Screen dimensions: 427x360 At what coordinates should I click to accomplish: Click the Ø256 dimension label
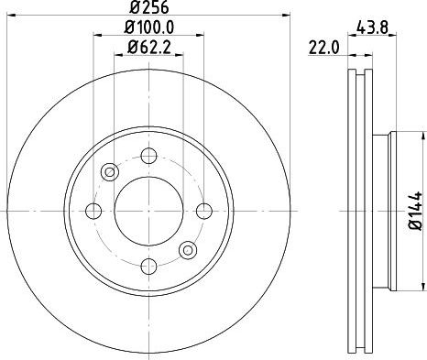(148, 7)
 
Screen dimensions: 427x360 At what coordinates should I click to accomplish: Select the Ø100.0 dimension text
(149, 27)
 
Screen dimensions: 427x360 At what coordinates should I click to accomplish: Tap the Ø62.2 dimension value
(148, 48)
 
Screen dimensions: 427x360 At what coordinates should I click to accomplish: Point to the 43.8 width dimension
(372, 27)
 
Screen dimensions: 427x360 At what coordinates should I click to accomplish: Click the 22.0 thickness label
(323, 48)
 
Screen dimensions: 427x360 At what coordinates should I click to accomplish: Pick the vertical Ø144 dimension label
(415, 211)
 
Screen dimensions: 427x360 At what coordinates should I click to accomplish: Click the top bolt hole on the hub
(148, 156)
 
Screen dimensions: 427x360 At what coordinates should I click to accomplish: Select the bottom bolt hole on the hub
(148, 266)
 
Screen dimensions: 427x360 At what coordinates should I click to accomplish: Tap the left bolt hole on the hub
(93, 211)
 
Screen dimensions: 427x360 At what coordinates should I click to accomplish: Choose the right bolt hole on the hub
(204, 211)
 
